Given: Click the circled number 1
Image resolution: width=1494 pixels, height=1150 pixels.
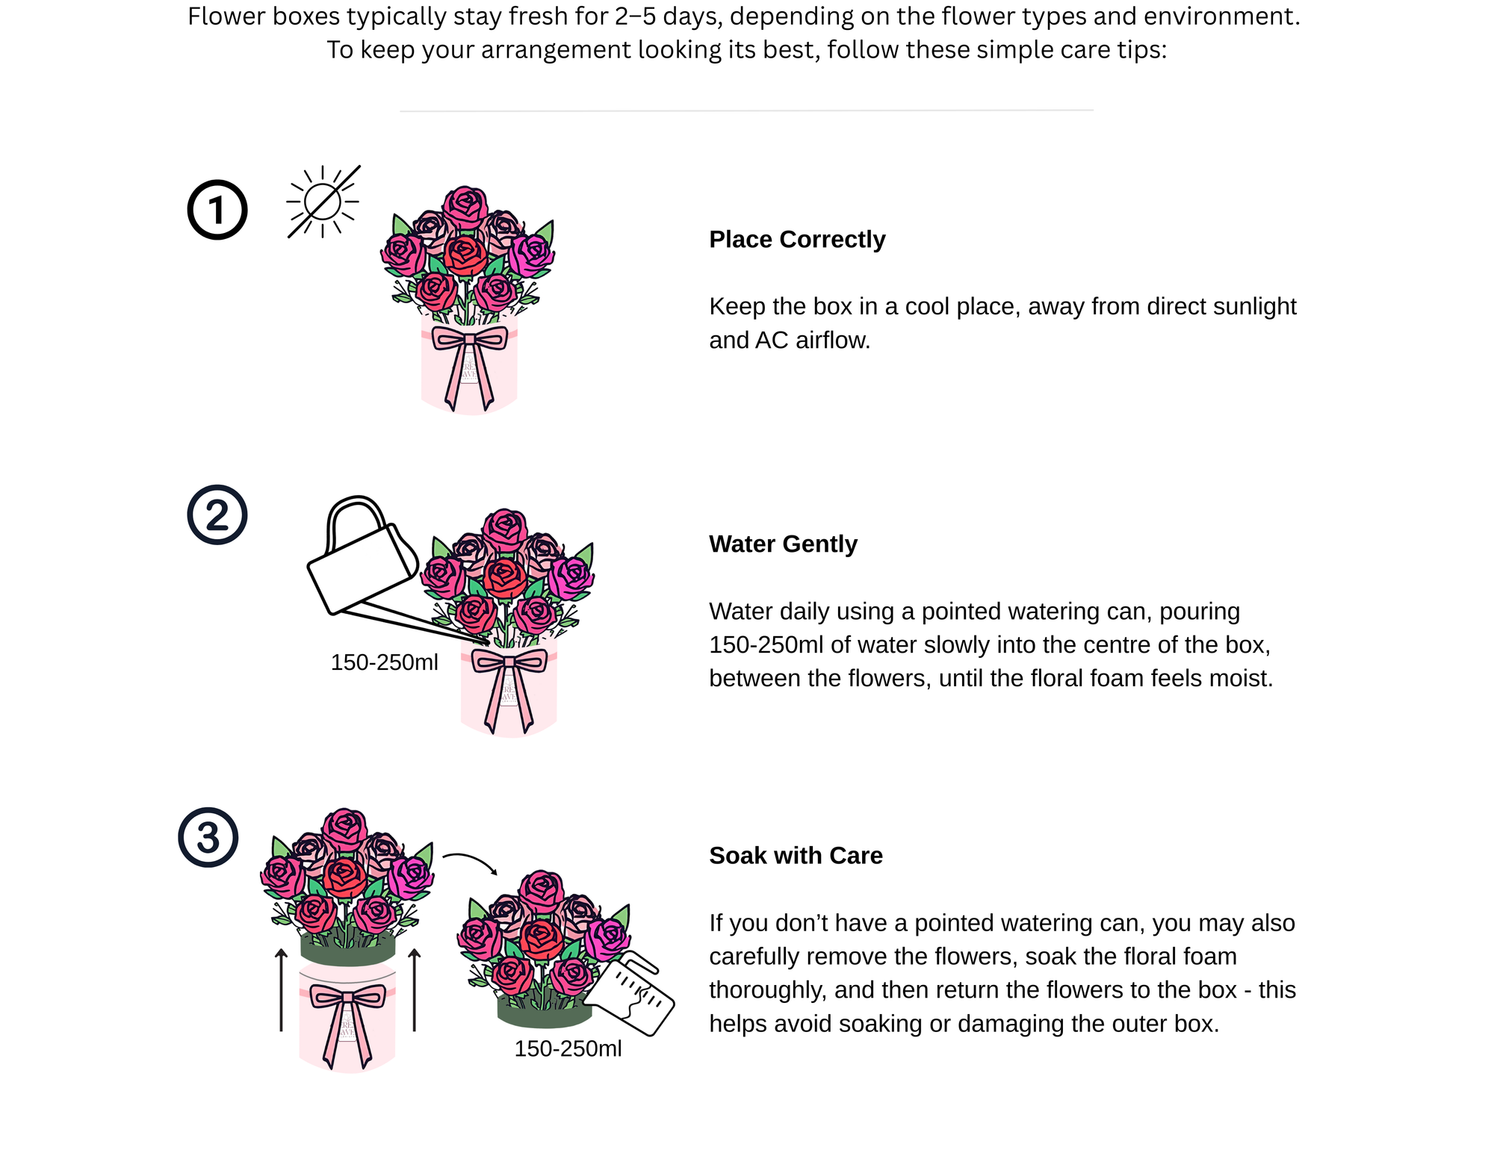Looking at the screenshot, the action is click(217, 210).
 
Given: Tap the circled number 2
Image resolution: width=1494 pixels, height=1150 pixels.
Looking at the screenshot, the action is click(217, 515).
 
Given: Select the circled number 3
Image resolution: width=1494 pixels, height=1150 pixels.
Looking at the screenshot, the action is click(208, 837).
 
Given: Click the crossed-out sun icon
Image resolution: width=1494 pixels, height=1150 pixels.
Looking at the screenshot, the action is click(323, 202).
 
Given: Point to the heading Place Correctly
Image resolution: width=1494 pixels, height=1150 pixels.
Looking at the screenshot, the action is click(797, 239).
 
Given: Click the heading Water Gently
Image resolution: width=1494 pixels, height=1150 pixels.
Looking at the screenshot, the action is click(783, 544).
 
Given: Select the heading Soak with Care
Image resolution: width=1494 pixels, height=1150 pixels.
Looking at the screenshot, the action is click(796, 855).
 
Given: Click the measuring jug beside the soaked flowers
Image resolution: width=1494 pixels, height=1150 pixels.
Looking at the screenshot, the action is click(629, 993).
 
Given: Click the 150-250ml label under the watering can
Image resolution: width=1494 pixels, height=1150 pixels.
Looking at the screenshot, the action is click(384, 662).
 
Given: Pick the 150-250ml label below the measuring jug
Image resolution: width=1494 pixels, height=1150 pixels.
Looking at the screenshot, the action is click(568, 1048).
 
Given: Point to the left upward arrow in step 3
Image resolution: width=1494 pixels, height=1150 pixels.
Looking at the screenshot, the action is click(281, 989).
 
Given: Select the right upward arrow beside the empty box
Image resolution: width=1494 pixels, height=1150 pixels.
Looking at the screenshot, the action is click(415, 989).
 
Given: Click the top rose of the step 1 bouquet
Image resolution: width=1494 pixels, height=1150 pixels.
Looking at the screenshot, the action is click(465, 207).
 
